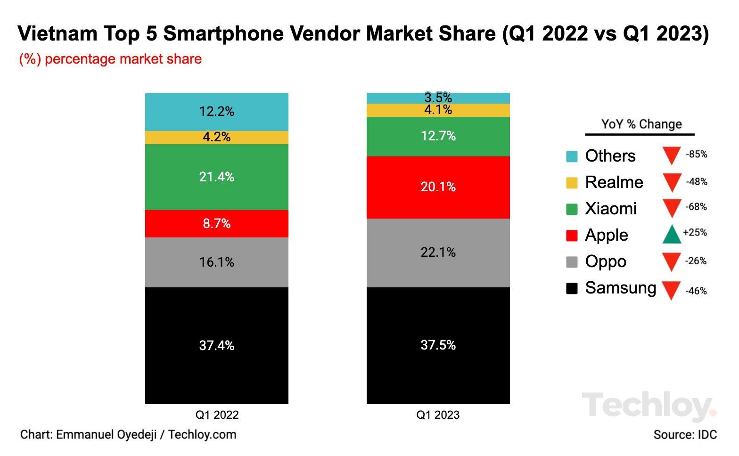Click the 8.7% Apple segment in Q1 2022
216,223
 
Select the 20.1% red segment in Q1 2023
438,187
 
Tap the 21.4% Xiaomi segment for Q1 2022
216,177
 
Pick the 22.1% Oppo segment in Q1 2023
438,252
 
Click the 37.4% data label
216,345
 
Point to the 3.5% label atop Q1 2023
438,98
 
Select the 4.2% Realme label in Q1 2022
216,137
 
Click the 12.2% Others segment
216,112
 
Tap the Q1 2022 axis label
217,415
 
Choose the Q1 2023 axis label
438,415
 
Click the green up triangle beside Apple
671,235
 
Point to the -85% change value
696,155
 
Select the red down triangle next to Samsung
671,290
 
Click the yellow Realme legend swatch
572,183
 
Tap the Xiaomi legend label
611,209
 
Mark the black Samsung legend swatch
572,288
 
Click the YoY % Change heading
641,124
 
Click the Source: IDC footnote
685,434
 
